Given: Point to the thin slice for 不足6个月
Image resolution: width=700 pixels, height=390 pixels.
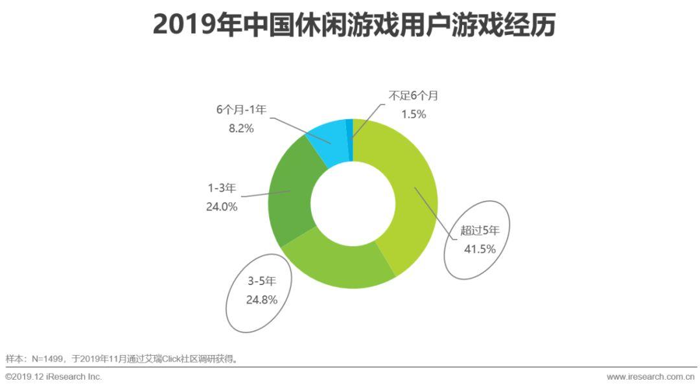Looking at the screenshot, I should click(350, 130).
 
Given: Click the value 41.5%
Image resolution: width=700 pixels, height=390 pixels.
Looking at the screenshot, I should click(480, 248).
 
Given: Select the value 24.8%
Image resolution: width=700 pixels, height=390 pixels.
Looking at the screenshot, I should click(261, 300).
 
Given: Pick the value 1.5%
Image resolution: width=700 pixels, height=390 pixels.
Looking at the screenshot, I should click(413, 115).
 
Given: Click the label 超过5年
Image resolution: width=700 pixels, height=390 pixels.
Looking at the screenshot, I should click(480, 229).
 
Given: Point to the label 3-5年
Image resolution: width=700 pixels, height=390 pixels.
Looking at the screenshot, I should click(261, 282).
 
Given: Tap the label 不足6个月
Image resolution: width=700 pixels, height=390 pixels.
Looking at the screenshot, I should click(414, 96).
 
